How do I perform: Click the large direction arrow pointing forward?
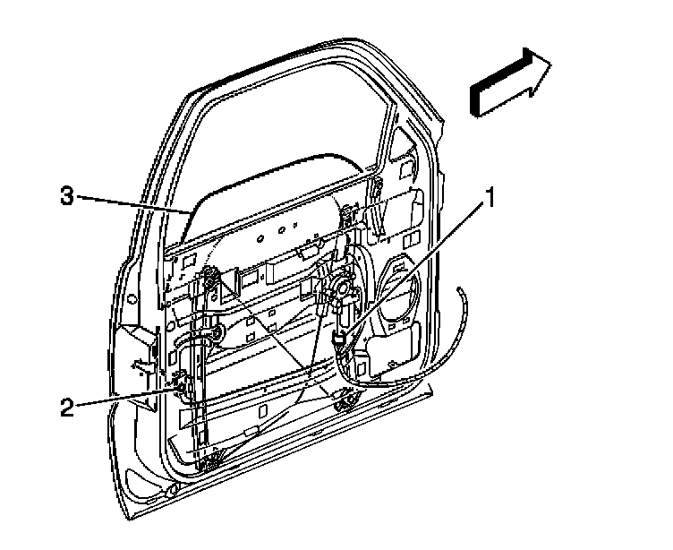510,82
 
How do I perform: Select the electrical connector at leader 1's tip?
340,339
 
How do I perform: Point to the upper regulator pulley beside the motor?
352,214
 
